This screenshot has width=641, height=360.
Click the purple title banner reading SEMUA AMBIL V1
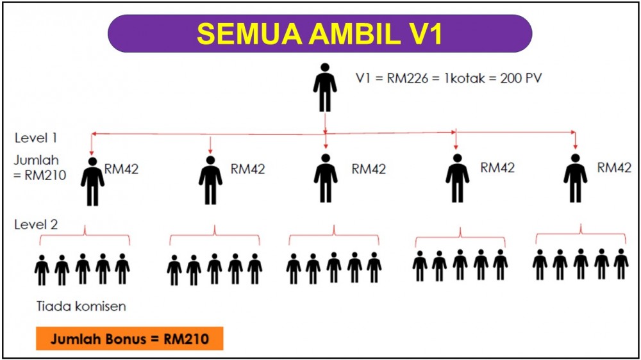[320, 33]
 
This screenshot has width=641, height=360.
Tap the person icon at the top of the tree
[325, 87]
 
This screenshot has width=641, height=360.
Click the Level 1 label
[35, 138]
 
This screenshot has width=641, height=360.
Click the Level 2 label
[36, 224]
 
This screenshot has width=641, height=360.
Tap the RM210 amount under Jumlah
[46, 175]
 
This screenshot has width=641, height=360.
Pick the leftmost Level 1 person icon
[92, 181]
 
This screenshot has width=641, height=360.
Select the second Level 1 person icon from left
[210, 180]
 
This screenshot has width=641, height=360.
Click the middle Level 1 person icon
[326, 178]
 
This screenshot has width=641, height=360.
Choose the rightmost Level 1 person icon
[576, 178]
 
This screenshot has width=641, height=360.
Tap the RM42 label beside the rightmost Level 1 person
[614, 168]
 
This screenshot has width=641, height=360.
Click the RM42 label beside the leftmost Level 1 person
[121, 168]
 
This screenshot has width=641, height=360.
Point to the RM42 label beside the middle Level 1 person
[369, 168]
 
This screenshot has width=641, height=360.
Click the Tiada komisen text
[81, 306]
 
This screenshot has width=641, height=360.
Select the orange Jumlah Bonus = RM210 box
[129, 338]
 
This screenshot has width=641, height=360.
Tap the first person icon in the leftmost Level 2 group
[42, 270]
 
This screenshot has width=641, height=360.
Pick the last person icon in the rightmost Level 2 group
[621, 264]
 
